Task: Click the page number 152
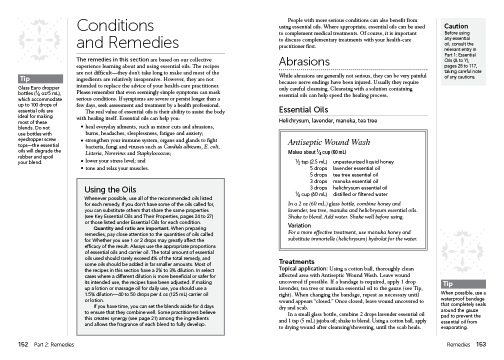click(22, 344)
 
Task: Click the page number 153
click(481, 344)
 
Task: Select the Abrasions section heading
click(304, 61)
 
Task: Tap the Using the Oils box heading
click(110, 189)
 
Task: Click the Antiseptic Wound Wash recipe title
click(329, 142)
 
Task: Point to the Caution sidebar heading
click(456, 26)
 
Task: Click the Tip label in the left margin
click(24, 79)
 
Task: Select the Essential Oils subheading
click(303, 109)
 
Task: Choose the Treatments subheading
click(296, 261)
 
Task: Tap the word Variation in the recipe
click(299, 225)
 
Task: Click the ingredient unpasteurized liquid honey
click(363, 161)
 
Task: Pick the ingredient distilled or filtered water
click(360, 194)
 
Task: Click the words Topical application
click(302, 268)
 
